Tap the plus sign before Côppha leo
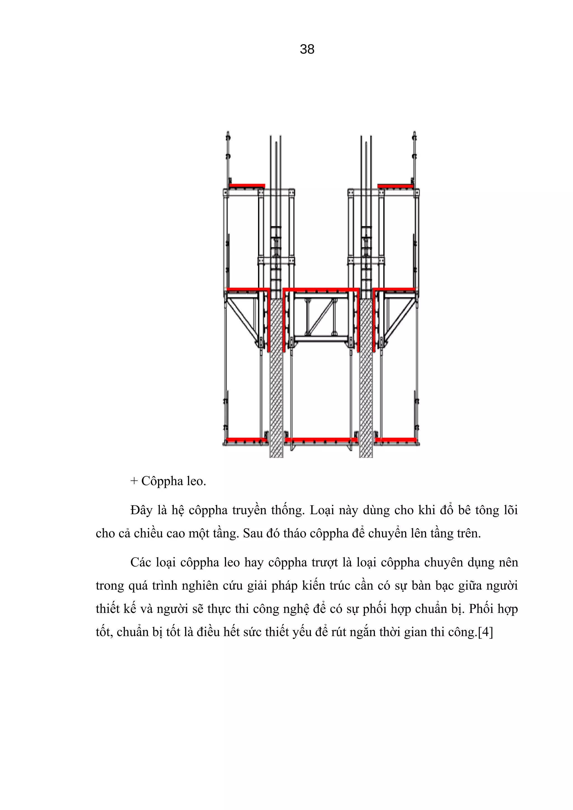(x=134, y=481)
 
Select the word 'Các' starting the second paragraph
(x=140, y=562)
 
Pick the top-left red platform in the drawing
(x=247, y=186)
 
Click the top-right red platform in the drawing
(x=395, y=186)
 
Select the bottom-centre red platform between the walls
(x=321, y=440)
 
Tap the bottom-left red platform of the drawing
(x=246, y=440)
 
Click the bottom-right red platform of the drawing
(x=395, y=440)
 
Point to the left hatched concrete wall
(x=276, y=388)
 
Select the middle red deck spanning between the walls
(x=321, y=290)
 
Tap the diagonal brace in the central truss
(x=321, y=317)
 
